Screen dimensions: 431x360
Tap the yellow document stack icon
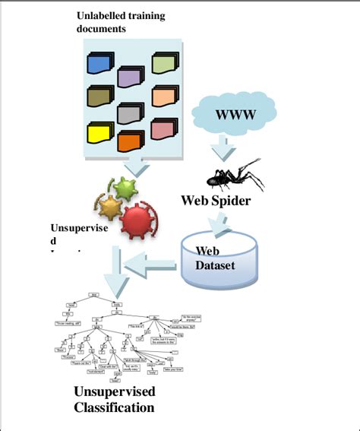(x=101, y=134)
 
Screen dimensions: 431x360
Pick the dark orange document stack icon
(x=131, y=141)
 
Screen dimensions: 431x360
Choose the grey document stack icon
(x=131, y=113)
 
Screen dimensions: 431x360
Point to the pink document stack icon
(x=163, y=129)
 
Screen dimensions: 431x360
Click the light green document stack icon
(x=165, y=63)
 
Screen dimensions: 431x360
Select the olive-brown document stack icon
(x=100, y=95)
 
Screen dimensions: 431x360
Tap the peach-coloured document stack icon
(x=164, y=96)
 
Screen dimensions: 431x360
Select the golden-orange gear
(x=112, y=207)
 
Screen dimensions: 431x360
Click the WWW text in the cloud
(x=236, y=116)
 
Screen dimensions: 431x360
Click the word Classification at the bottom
(x=114, y=407)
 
